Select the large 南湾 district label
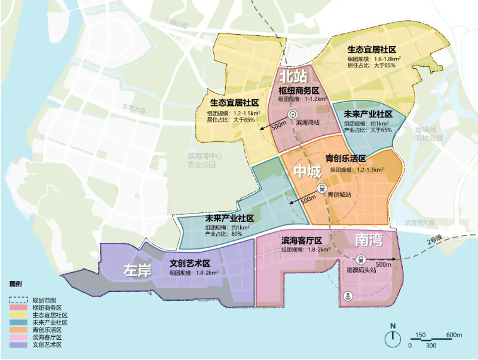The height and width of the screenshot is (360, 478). pos(369,240)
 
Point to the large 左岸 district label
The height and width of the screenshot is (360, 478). pos(137,270)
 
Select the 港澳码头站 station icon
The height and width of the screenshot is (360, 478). pos(361,260)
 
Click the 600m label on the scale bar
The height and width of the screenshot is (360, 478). pos(454,335)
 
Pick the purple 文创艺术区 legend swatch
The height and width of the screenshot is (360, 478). pos(19,345)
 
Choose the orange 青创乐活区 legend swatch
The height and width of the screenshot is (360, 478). pos(19,330)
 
